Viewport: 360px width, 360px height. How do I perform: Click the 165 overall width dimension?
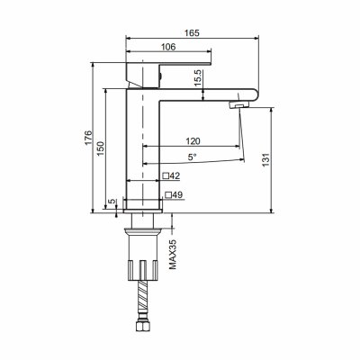(192, 32)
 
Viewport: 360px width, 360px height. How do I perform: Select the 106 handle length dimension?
(168, 47)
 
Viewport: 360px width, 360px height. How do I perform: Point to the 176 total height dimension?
(88, 138)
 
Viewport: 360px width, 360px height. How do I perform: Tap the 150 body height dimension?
(101, 148)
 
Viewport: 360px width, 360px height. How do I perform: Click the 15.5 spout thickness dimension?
(199, 78)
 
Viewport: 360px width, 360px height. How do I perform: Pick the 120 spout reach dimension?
(193, 141)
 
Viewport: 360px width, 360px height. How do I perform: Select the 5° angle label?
(193, 157)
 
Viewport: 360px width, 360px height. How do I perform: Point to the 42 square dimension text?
(175, 176)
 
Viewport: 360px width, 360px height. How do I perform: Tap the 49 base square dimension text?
(177, 195)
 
